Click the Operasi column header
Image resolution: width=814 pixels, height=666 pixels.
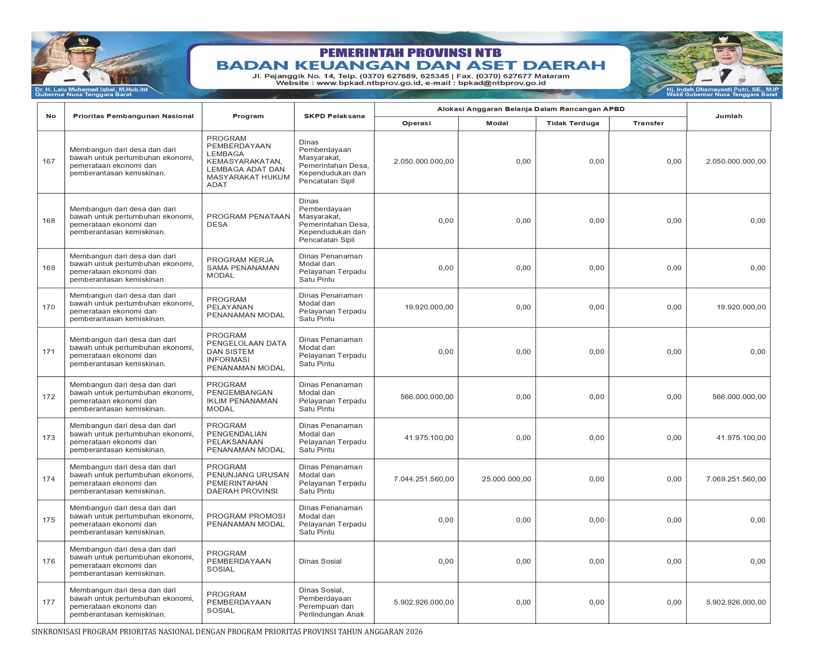(416, 123)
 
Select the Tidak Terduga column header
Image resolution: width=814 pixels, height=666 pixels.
(573, 123)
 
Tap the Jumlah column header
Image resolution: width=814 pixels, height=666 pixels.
(728, 116)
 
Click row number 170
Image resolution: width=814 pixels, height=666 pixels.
(49, 307)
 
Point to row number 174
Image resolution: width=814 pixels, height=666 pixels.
(49, 479)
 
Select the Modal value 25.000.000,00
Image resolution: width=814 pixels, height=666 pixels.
(506, 479)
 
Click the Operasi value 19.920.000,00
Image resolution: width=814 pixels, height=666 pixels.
(429, 307)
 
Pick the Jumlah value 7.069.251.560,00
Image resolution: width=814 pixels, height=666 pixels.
(736, 479)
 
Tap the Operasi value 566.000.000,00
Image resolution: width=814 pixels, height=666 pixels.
(427, 397)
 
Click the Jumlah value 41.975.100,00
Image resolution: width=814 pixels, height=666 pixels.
(741, 438)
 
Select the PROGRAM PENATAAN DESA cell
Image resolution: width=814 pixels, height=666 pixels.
(248, 220)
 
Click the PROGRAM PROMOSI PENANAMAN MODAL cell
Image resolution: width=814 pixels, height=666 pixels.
(246, 520)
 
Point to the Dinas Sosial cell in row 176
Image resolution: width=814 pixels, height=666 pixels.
(320, 562)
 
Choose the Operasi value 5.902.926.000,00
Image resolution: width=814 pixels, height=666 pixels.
(423, 602)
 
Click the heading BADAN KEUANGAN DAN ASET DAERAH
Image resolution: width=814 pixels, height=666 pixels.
(411, 65)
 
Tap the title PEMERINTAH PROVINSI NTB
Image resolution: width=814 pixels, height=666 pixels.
(410, 53)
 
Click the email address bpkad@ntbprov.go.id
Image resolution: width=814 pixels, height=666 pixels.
(502, 83)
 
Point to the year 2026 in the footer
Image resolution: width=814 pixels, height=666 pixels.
(414, 632)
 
